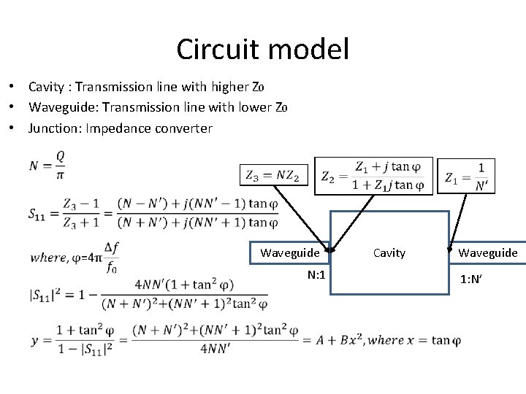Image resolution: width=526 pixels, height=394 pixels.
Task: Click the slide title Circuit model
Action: point(262,50)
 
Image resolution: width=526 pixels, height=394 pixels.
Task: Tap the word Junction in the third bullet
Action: point(51,128)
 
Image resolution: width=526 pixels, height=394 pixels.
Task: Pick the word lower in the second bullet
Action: point(253,108)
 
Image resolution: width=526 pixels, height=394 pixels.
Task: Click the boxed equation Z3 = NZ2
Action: point(275,176)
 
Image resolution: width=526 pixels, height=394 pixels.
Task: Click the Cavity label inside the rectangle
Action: point(389,252)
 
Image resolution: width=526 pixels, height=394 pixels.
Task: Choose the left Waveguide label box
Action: point(290,252)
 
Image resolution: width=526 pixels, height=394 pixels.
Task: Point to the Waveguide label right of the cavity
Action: point(488,252)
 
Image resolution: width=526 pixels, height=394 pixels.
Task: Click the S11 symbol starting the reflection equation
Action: point(41,214)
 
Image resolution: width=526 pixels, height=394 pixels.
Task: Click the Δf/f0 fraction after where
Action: point(112,257)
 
